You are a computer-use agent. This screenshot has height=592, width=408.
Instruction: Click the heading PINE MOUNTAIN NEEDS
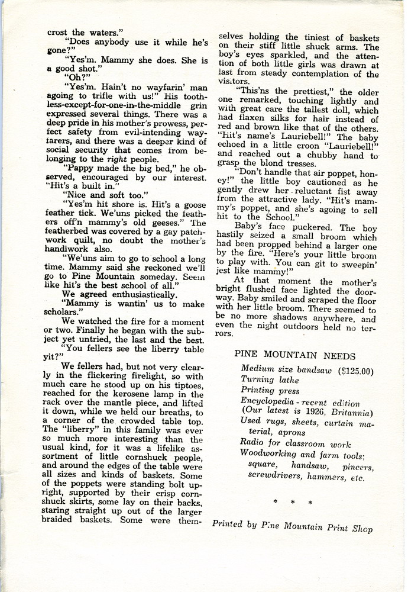[303, 356]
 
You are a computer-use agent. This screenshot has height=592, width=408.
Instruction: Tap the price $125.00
[351, 372]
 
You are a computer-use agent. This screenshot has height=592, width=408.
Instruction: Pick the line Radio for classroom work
[295, 444]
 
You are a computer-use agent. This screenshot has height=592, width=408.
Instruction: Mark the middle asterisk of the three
[293, 503]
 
